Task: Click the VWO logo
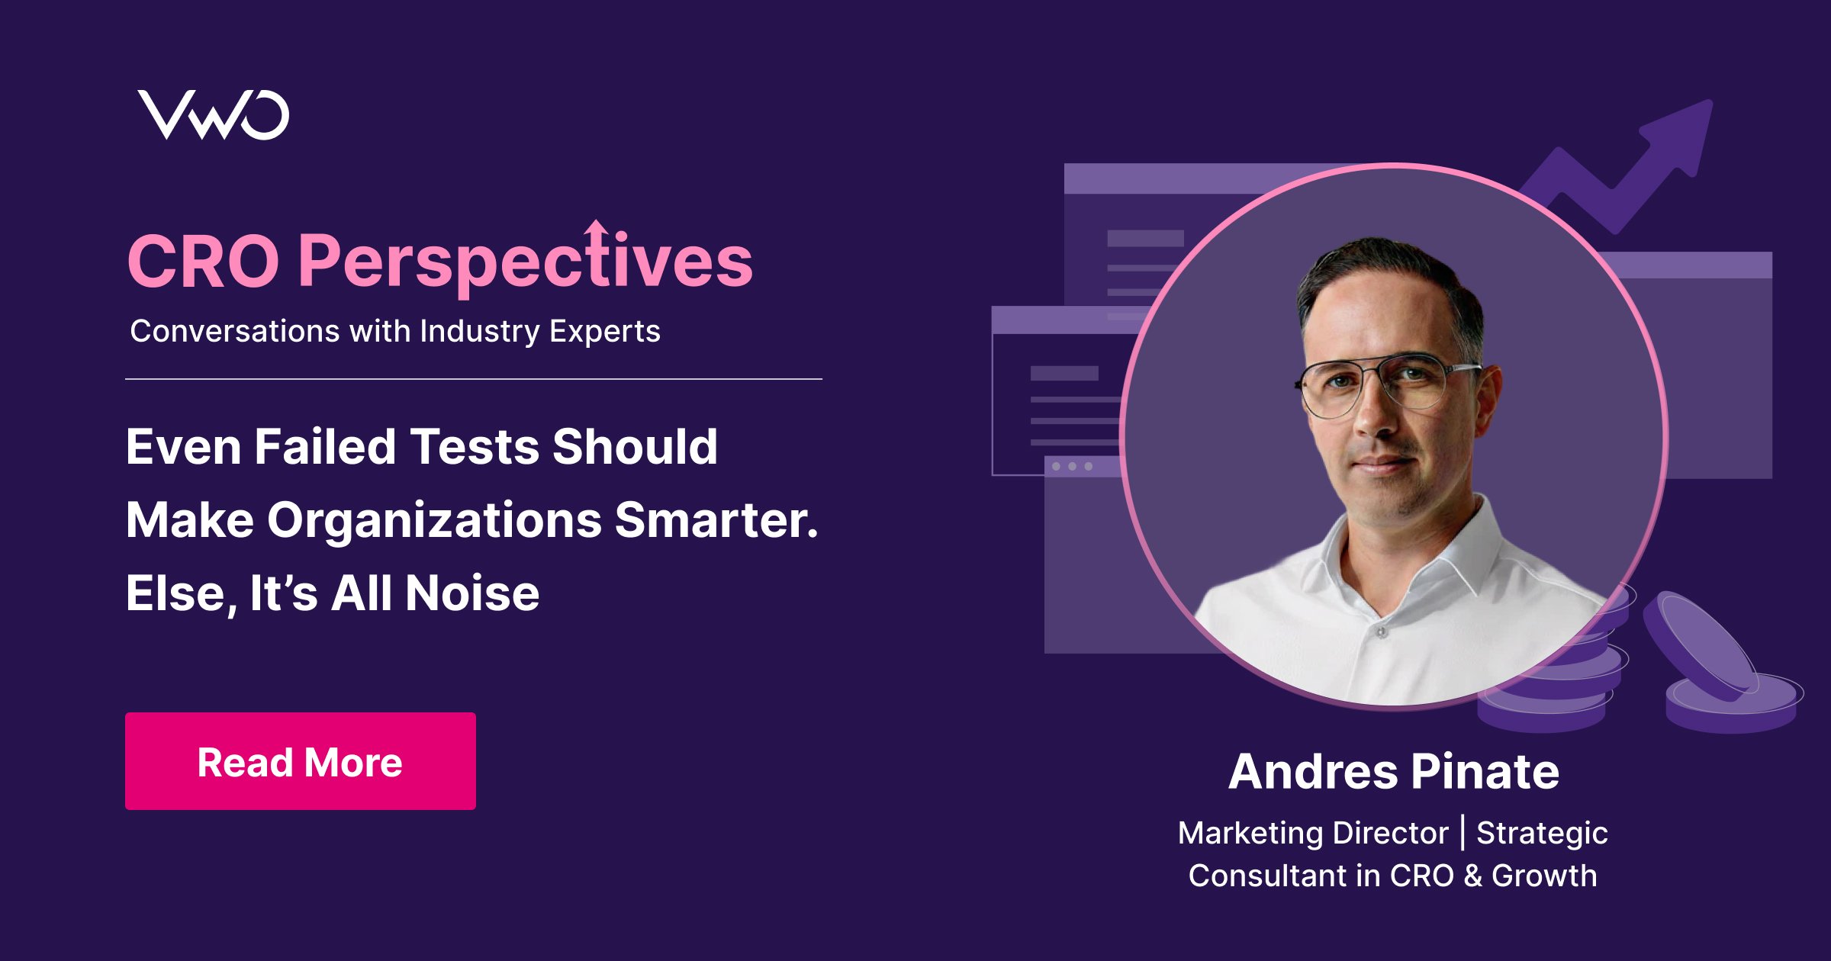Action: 214,115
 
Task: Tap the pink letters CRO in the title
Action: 204,261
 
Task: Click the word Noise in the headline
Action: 472,593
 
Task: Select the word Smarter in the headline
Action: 716,519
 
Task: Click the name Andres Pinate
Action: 1394,771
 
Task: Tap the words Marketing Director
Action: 1313,833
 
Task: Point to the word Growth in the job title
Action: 1544,876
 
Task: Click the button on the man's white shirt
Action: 1381,632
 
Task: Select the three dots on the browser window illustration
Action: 1072,466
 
